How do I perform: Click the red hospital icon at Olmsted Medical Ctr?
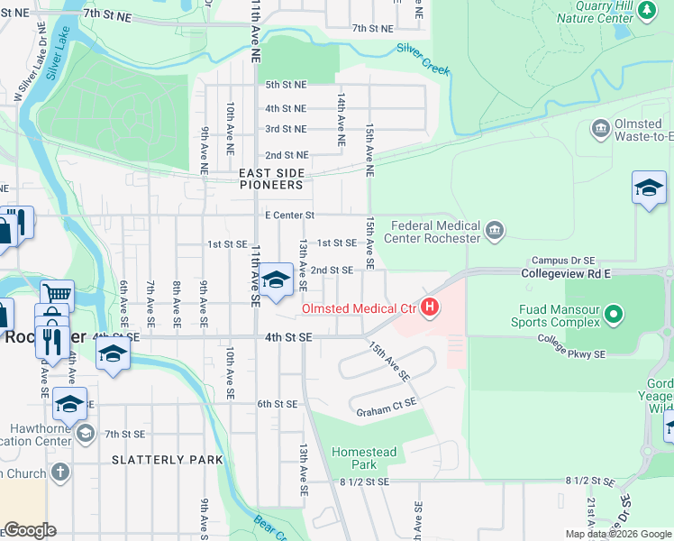431,308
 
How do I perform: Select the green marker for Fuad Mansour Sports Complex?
615,315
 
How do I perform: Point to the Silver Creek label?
423,60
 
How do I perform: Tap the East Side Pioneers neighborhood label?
270,178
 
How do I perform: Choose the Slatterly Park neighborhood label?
167,460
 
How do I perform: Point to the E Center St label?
289,215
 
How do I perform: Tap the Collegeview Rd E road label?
566,272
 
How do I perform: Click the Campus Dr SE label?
562,260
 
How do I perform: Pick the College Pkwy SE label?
571,348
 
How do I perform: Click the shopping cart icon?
57,293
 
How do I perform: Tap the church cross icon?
59,472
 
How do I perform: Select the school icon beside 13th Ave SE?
277,280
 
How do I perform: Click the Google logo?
29,530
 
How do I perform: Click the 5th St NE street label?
286,85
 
